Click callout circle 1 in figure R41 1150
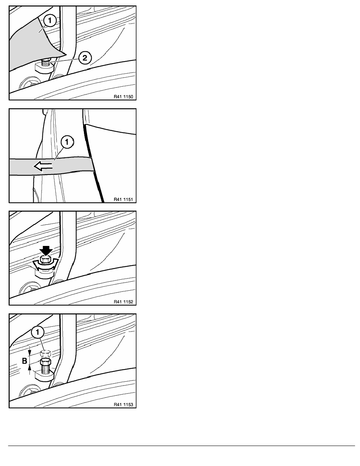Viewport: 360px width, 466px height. click(50, 20)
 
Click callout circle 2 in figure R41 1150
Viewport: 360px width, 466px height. click(85, 58)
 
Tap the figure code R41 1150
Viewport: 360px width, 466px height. click(123, 96)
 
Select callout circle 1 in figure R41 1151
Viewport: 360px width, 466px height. click(67, 142)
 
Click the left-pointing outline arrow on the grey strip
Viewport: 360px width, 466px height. click(43, 167)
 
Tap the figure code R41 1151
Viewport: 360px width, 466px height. click(123, 199)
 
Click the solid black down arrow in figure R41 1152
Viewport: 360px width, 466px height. click(45, 251)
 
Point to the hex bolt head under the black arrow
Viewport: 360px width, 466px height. click(45, 260)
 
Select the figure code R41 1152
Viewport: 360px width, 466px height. click(123, 302)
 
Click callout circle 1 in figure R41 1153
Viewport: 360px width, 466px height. click(38, 332)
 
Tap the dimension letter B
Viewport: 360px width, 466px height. click(25, 361)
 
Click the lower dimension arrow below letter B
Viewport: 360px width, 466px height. click(29, 370)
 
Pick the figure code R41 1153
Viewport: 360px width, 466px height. click(123, 404)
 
